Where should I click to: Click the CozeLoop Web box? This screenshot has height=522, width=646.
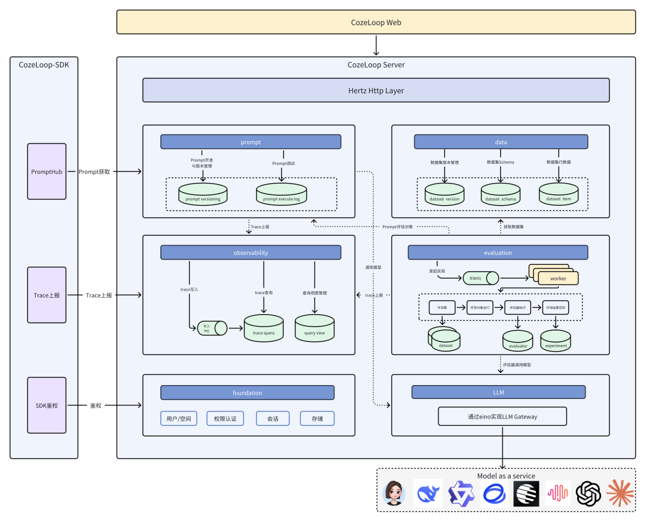376,22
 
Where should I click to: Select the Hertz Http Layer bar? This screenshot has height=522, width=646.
376,90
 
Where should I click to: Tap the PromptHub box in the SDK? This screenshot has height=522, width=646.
47,172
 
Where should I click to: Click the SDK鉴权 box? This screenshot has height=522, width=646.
47,405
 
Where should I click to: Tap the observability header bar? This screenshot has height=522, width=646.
251,252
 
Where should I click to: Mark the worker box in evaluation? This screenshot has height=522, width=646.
557,278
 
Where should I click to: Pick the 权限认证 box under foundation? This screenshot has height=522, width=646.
226,419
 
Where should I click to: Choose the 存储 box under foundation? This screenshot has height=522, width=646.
317,419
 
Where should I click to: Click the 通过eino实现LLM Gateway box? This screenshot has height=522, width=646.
502,416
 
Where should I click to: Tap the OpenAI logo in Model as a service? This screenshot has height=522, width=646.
588,493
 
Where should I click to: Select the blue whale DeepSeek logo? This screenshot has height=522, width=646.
428,493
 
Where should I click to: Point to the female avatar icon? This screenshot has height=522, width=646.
395,493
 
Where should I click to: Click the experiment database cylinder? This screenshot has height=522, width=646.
556,341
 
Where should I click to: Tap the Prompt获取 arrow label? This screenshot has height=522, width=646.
95,172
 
